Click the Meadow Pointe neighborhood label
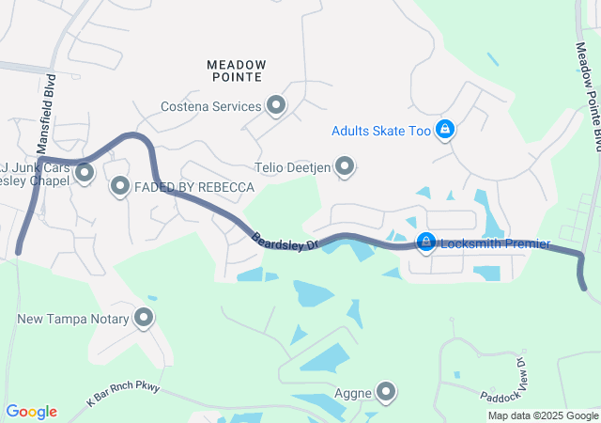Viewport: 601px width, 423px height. click(x=236, y=71)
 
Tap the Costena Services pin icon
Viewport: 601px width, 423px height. click(x=276, y=105)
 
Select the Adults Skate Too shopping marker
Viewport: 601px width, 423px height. click(x=445, y=130)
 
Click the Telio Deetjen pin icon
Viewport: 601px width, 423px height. click(x=345, y=167)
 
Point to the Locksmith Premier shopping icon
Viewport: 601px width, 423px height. click(x=426, y=243)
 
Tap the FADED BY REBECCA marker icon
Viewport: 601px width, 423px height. click(x=120, y=187)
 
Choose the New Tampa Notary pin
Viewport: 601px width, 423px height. click(x=144, y=318)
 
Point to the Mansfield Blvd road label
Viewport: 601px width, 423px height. click(x=45, y=113)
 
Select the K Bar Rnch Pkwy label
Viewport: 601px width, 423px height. click(x=126, y=393)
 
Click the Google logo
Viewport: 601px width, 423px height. click(x=31, y=412)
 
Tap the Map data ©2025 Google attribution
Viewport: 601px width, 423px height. click(x=543, y=415)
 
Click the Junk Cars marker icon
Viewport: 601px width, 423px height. click(x=85, y=172)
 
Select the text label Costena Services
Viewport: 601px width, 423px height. click(x=211, y=106)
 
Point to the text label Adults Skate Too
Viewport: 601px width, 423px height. click(x=380, y=131)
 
